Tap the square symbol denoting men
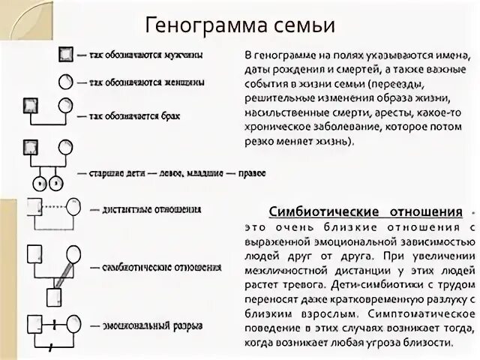(65, 55)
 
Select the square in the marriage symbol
(31, 104)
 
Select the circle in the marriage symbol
(66, 104)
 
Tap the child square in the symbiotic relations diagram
(54, 296)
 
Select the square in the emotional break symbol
(33, 325)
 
